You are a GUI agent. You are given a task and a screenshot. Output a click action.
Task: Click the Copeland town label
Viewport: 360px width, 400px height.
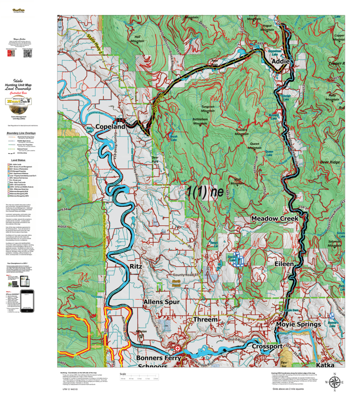pos(111,127)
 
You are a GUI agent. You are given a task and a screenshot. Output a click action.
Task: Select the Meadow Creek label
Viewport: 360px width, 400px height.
pos(275,219)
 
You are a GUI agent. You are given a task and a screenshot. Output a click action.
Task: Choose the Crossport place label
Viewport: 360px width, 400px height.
pos(267,346)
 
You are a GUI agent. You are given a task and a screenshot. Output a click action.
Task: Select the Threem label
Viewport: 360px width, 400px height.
pos(205,319)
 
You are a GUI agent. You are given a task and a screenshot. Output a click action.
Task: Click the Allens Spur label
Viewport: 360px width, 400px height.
pos(161,302)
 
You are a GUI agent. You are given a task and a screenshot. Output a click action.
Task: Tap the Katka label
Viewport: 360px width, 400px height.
pos(330,364)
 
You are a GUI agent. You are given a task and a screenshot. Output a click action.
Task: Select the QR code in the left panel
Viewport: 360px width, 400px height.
pos(27,53)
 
